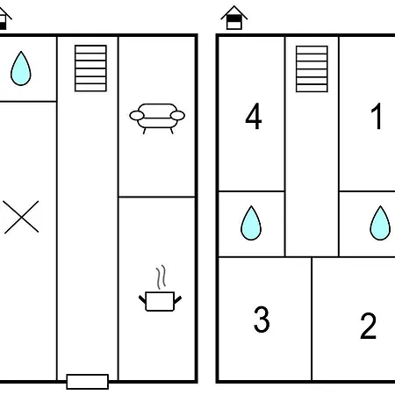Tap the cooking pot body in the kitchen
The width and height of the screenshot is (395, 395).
tap(160, 301)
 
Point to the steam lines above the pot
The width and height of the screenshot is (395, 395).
tap(161, 277)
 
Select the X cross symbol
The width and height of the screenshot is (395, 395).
tap(21, 217)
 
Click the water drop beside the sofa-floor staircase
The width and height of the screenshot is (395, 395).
tap(21, 68)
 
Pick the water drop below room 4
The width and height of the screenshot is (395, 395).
tap(251, 223)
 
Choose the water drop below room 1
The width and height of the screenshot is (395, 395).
tap(380, 223)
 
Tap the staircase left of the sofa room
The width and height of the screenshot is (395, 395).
tap(90, 68)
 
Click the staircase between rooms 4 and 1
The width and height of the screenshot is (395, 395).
tap(312, 68)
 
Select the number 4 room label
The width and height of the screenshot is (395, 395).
tap(254, 116)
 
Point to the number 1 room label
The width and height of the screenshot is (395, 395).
tap(377, 116)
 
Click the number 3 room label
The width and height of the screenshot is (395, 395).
tap(262, 320)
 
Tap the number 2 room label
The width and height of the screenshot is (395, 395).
tap(368, 326)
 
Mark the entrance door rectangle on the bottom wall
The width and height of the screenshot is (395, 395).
tap(88, 382)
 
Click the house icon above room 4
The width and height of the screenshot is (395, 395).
tap(234, 18)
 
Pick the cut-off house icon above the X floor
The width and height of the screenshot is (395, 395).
tap(4, 18)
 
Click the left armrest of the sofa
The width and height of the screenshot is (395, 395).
tap(137, 116)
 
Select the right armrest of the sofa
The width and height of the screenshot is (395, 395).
tap(177, 116)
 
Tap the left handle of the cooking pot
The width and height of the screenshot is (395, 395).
tap(142, 300)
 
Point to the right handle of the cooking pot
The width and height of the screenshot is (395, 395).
tap(177, 300)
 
